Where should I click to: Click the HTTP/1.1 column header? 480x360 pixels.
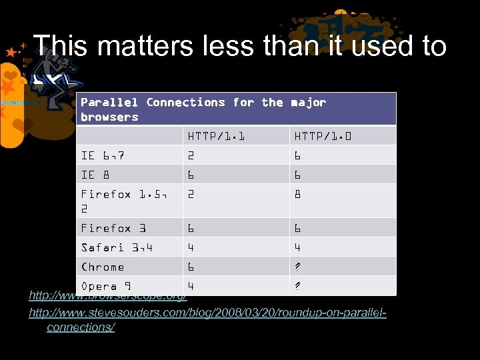[216, 136]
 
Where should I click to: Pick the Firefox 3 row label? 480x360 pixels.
[113, 228]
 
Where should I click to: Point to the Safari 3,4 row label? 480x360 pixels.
[117, 247]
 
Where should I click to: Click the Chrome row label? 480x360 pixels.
[103, 267]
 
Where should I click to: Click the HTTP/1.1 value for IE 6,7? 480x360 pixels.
[191, 155]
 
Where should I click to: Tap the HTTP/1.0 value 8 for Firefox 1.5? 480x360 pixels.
[297, 194]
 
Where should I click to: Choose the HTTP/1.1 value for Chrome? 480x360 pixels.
[191, 267]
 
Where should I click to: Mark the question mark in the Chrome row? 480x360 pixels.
[297, 267]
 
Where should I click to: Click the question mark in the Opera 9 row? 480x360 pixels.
[297, 286]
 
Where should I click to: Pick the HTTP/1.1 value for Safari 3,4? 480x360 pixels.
[191, 247]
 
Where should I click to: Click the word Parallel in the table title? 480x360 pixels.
[109, 102]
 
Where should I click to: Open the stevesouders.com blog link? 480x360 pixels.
[207, 313]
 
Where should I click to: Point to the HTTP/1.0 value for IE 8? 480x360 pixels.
[297, 175]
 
